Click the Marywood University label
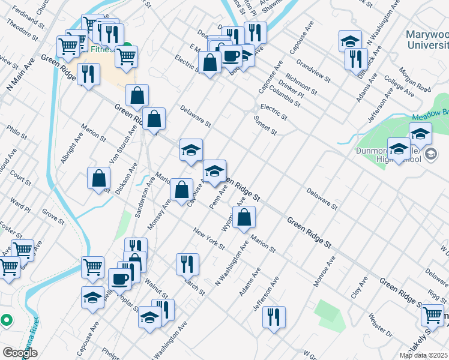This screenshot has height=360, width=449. click(427, 40)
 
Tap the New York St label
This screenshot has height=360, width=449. click(209, 238)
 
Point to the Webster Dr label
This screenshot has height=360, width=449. click(381, 325)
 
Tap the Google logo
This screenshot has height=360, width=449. click(20, 352)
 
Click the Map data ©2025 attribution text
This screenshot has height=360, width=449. click(423, 355)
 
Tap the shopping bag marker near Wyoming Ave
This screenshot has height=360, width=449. click(244, 218)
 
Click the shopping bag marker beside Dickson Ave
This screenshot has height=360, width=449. click(99, 179)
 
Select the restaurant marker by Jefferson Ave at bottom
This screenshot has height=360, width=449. click(274, 317)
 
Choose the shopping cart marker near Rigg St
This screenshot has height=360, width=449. click(432, 316)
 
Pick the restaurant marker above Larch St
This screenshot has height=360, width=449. click(187, 264)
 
